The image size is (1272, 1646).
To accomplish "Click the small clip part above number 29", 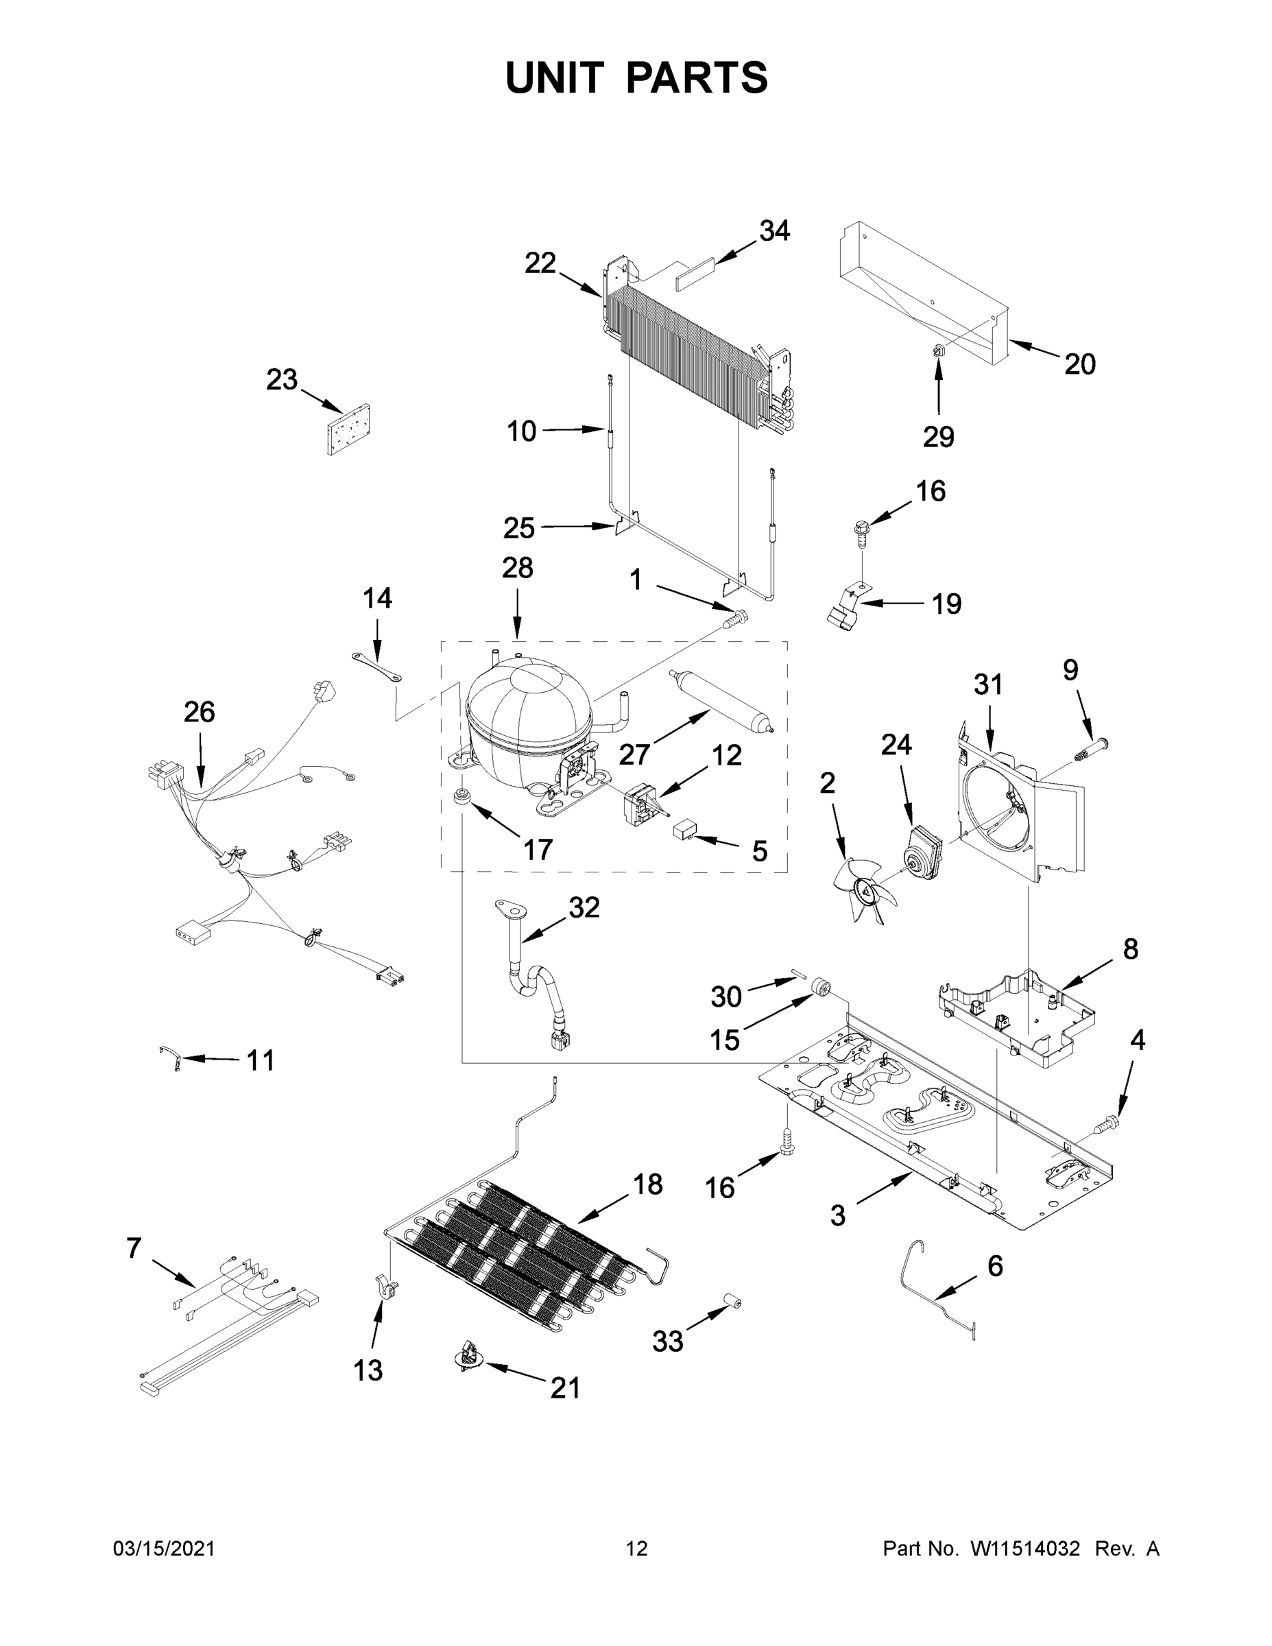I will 938,349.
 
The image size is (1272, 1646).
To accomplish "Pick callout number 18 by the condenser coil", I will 647,1184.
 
